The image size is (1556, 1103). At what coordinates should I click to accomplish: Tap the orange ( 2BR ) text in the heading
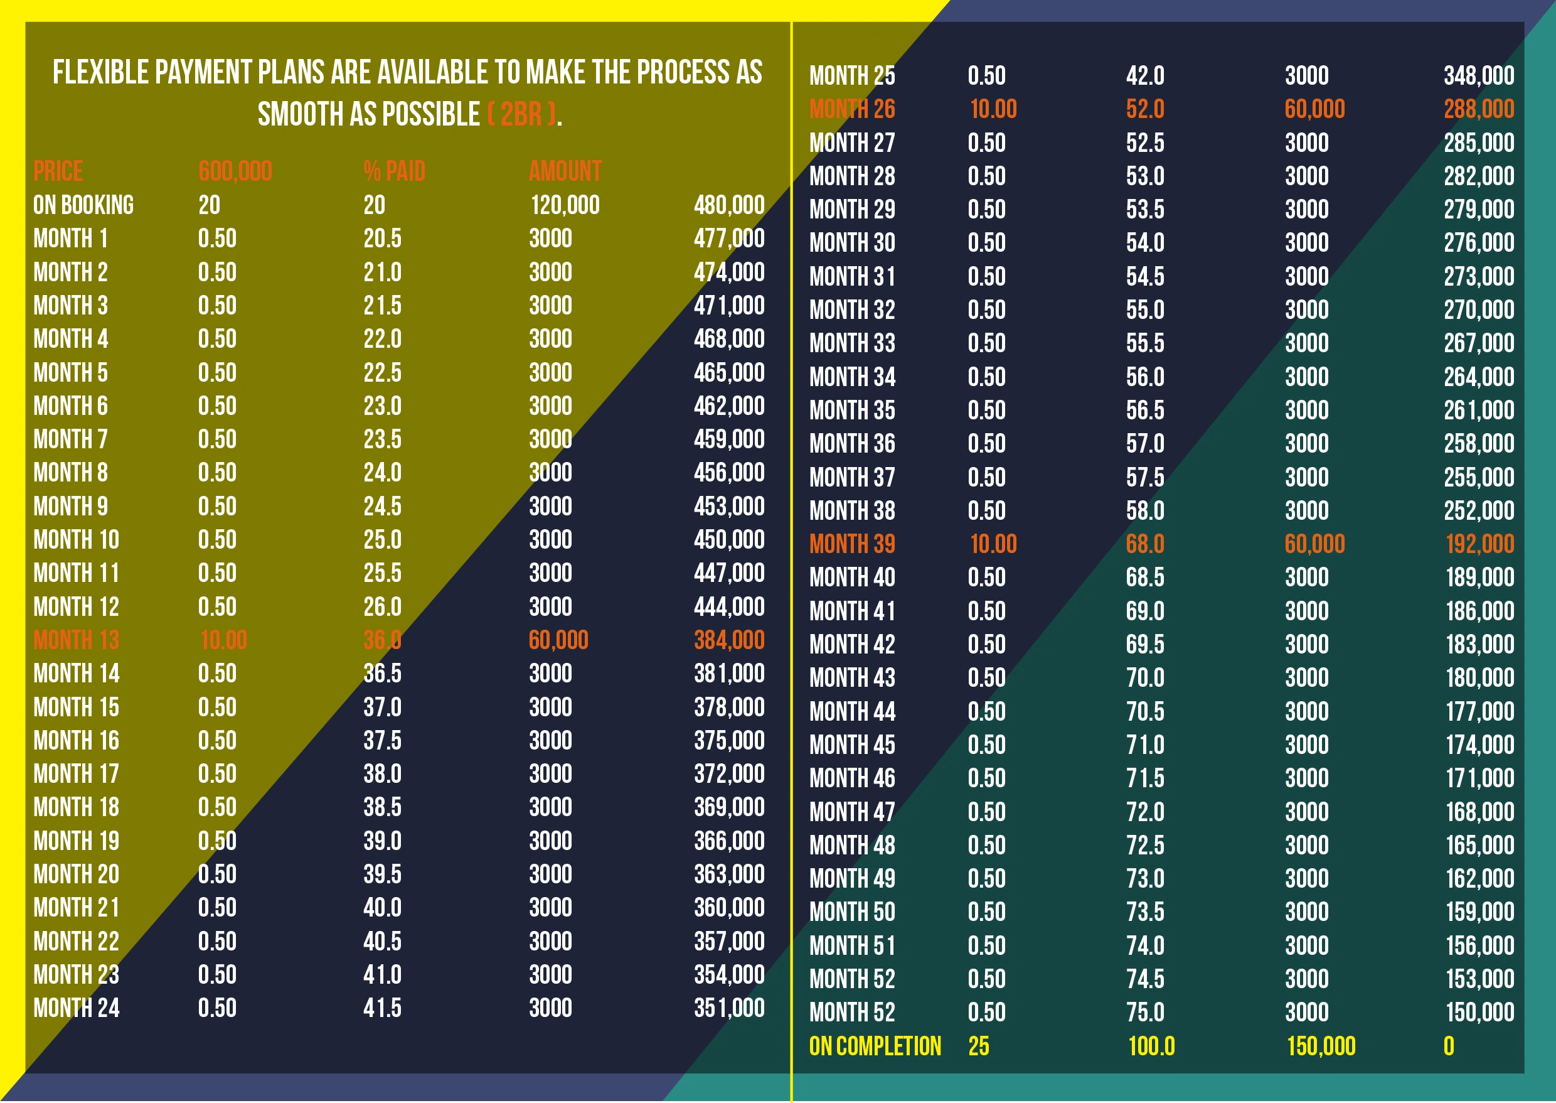(x=521, y=114)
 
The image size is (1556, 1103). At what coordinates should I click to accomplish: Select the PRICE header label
(x=58, y=171)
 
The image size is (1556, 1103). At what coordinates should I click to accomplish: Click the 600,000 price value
(x=235, y=171)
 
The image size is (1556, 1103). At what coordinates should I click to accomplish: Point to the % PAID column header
(x=395, y=171)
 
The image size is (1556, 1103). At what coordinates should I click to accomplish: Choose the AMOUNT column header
(x=565, y=171)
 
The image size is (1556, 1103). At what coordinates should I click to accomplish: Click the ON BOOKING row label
(x=83, y=205)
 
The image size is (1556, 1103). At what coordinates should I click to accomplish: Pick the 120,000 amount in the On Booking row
(x=565, y=205)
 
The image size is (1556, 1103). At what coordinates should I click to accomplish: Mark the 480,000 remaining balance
(x=729, y=205)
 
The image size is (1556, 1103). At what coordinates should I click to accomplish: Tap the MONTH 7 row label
(x=71, y=439)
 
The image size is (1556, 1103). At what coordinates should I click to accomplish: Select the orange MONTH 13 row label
(x=76, y=640)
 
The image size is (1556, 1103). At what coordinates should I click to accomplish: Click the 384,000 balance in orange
(x=729, y=640)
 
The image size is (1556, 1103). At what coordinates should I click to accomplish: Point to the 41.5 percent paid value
(x=382, y=1008)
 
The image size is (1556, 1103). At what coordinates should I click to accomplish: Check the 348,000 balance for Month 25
(x=1479, y=75)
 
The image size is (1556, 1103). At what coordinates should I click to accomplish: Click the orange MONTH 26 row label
(x=852, y=109)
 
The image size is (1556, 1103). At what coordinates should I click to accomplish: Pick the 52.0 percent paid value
(x=1145, y=109)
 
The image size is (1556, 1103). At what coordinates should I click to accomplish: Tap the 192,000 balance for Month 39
(x=1480, y=544)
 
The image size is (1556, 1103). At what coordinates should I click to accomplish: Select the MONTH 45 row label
(x=852, y=745)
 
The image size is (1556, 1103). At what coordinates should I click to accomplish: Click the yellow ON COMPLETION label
(x=875, y=1047)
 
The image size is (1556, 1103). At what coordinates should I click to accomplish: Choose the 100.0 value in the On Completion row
(x=1151, y=1047)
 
